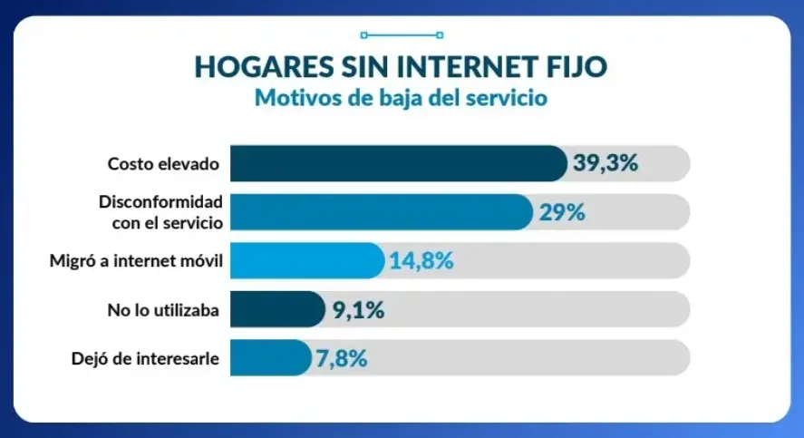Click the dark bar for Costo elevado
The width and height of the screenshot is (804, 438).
tap(397, 163)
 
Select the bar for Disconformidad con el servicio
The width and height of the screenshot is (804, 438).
tap(380, 212)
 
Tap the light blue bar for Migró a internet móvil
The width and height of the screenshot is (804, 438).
tap(306, 261)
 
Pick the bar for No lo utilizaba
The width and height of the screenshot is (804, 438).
tap(276, 309)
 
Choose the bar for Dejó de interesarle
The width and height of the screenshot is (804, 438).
tap(269, 357)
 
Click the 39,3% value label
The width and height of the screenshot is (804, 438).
tap(606, 163)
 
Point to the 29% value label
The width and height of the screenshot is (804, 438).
tap(563, 212)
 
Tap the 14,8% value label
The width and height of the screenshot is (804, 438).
tap(421, 261)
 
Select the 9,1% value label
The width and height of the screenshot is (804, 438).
tap(358, 309)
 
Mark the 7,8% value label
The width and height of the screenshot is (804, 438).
tap(342, 357)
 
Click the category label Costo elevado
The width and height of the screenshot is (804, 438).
tap(163, 164)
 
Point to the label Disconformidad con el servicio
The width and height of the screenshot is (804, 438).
tap(160, 211)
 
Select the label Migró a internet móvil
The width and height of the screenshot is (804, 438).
tap(136, 261)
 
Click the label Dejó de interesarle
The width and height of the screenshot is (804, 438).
tap(145, 358)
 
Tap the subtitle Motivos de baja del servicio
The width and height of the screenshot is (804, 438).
tap(401, 98)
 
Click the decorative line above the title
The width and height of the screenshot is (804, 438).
tap(401, 35)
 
